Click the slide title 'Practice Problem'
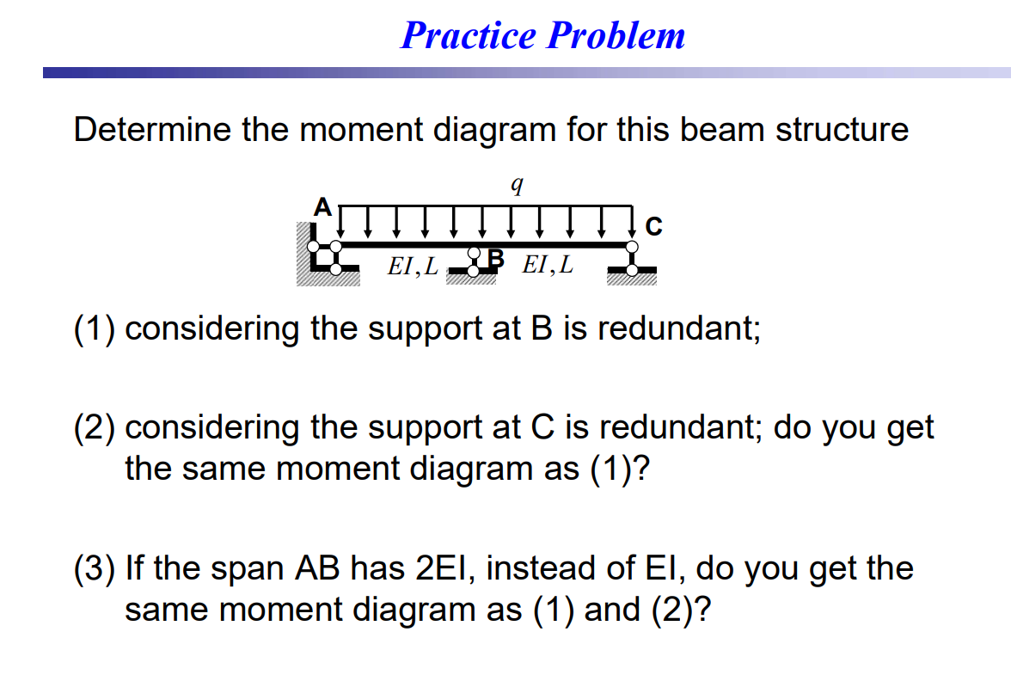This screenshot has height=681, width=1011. pyautogui.click(x=542, y=36)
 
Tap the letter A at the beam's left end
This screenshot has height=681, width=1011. pyautogui.click(x=322, y=206)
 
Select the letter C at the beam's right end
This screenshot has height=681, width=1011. pyautogui.click(x=653, y=227)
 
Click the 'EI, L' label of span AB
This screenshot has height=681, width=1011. pyautogui.click(x=413, y=266)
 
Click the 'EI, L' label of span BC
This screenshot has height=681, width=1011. pyautogui.click(x=548, y=264)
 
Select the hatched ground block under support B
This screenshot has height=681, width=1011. pyautogui.click(x=472, y=278)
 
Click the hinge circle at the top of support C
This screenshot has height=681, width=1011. pyautogui.click(x=633, y=247)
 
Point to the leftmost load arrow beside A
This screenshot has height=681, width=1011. pyautogui.click(x=341, y=221)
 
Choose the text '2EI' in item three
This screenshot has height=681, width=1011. pyautogui.click(x=444, y=568)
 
